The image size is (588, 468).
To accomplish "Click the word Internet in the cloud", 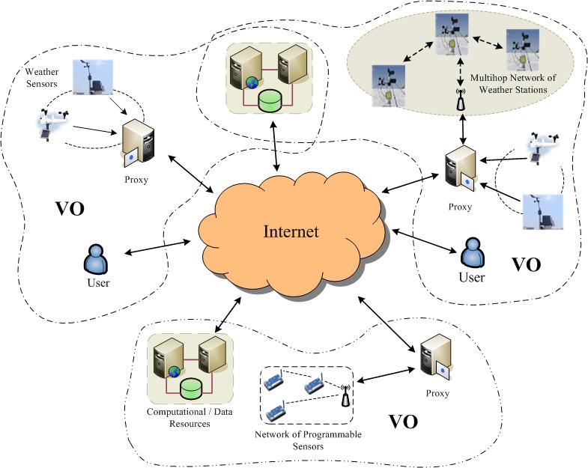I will [x=291, y=231].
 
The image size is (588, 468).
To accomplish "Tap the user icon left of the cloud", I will [x=97, y=259].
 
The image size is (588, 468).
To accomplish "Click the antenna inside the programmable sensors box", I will [x=346, y=395].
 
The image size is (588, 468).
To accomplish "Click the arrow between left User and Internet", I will [x=157, y=249].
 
